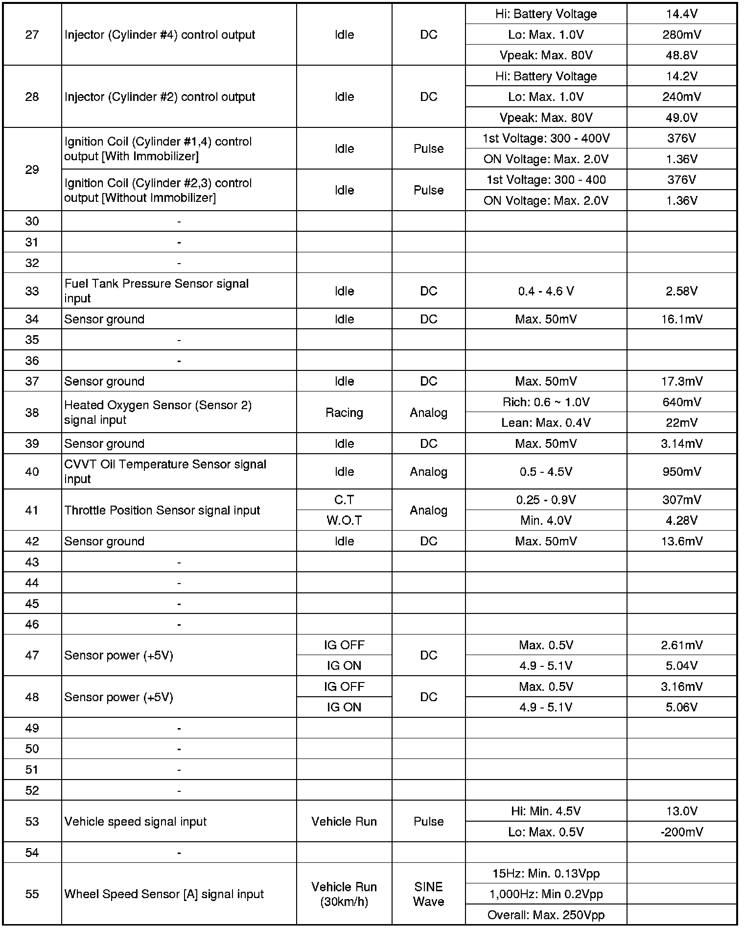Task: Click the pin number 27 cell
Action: coord(32,35)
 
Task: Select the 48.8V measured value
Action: coord(681,55)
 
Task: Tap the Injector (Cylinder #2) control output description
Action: coord(160,97)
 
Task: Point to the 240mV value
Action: coord(681,97)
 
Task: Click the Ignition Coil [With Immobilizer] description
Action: coord(158,149)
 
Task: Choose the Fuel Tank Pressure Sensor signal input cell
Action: coord(157,291)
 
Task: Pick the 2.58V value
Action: coord(681,291)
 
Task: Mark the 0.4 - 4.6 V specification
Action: coord(546,291)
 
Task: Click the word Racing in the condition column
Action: coord(344,413)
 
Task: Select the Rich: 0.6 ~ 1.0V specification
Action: coord(546,402)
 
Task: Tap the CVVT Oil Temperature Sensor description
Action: coord(165,471)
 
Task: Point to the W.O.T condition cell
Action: coord(344,520)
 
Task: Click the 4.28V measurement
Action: coord(681,520)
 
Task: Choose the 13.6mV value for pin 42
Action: coord(681,541)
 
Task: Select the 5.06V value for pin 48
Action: coord(681,708)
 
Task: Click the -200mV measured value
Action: coord(681,832)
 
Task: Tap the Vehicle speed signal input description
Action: coord(136,822)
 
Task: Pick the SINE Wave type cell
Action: coord(428,894)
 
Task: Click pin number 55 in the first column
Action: coord(32,894)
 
